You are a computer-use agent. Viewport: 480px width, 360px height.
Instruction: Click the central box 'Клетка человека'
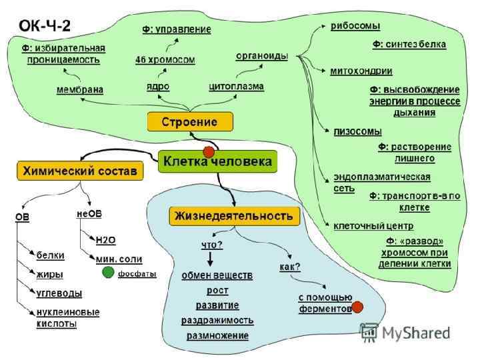(218, 161)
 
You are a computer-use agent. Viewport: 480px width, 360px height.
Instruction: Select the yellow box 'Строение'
(191, 122)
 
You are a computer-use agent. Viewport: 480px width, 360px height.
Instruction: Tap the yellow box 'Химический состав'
(79, 170)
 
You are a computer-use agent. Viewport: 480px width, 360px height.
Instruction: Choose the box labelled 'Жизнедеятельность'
(233, 215)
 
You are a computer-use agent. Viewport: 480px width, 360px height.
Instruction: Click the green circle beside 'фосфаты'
(107, 273)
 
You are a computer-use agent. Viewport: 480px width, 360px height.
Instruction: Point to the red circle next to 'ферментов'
(357, 307)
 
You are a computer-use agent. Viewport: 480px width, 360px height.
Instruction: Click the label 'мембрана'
(80, 90)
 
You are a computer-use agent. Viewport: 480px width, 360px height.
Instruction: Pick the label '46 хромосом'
(165, 60)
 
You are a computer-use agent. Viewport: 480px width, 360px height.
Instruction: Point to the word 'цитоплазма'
(236, 87)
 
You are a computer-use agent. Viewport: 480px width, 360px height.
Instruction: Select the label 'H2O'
(106, 239)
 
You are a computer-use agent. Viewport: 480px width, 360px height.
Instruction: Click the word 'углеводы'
(59, 293)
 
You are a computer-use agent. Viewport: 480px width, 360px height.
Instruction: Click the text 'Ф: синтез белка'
(409, 44)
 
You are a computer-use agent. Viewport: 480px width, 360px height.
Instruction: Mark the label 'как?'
(289, 267)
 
